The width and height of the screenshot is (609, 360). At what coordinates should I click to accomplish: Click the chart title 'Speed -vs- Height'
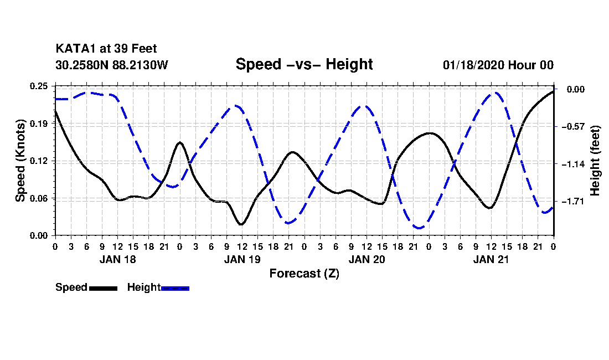304,64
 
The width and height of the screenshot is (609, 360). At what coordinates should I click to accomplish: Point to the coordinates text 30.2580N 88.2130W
112,65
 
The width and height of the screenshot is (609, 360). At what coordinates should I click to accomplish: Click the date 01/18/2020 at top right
473,65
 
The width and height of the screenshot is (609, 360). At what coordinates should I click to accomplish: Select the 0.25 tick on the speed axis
39,86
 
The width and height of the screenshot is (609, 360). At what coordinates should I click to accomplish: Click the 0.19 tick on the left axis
39,124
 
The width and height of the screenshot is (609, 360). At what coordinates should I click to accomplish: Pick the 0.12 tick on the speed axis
39,161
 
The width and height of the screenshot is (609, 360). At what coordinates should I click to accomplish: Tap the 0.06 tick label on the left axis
39,198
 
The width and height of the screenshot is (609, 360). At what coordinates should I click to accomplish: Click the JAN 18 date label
118,259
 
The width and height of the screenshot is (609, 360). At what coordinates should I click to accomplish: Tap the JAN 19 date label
242,259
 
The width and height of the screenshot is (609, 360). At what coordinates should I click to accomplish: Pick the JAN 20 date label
367,259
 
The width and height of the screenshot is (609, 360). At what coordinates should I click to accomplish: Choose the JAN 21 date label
491,259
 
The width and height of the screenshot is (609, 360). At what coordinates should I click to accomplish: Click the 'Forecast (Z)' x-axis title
304,274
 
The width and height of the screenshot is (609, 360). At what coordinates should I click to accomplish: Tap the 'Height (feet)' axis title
595,161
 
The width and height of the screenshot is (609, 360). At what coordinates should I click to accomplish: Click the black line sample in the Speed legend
104,288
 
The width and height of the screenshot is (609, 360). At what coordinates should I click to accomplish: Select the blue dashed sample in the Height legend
175,288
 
